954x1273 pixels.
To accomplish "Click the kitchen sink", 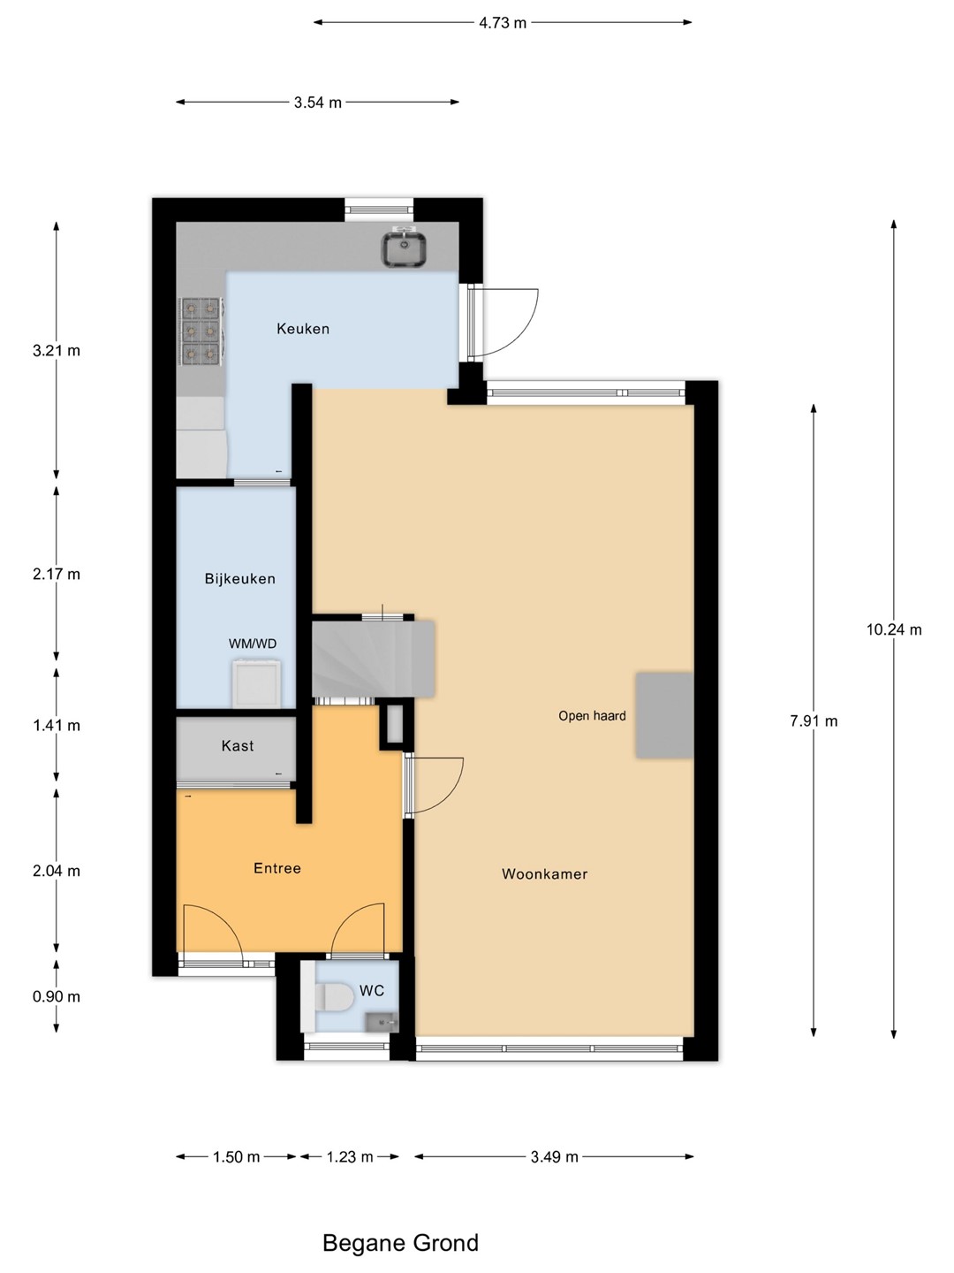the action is click(405, 248).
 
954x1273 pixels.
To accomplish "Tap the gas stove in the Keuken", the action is click(201, 332).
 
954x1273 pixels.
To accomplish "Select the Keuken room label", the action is click(303, 329).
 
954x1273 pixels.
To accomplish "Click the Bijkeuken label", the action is click(239, 579).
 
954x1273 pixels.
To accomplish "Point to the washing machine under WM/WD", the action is click(257, 683).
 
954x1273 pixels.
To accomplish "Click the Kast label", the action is click(238, 746).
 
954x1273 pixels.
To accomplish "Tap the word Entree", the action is click(276, 868).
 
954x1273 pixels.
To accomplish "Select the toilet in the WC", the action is click(328, 997).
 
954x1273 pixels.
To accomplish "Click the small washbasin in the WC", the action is click(382, 1023).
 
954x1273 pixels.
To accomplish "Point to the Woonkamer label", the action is click(544, 874).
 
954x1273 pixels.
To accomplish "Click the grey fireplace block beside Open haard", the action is click(664, 716).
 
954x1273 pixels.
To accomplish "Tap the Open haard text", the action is click(592, 716).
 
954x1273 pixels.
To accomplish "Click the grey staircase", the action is click(373, 659).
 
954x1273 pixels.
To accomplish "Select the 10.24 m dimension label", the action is click(894, 629).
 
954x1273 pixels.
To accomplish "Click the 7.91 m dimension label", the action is click(814, 720).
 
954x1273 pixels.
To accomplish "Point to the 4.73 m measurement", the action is click(503, 23).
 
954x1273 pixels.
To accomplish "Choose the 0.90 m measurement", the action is click(57, 997).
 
